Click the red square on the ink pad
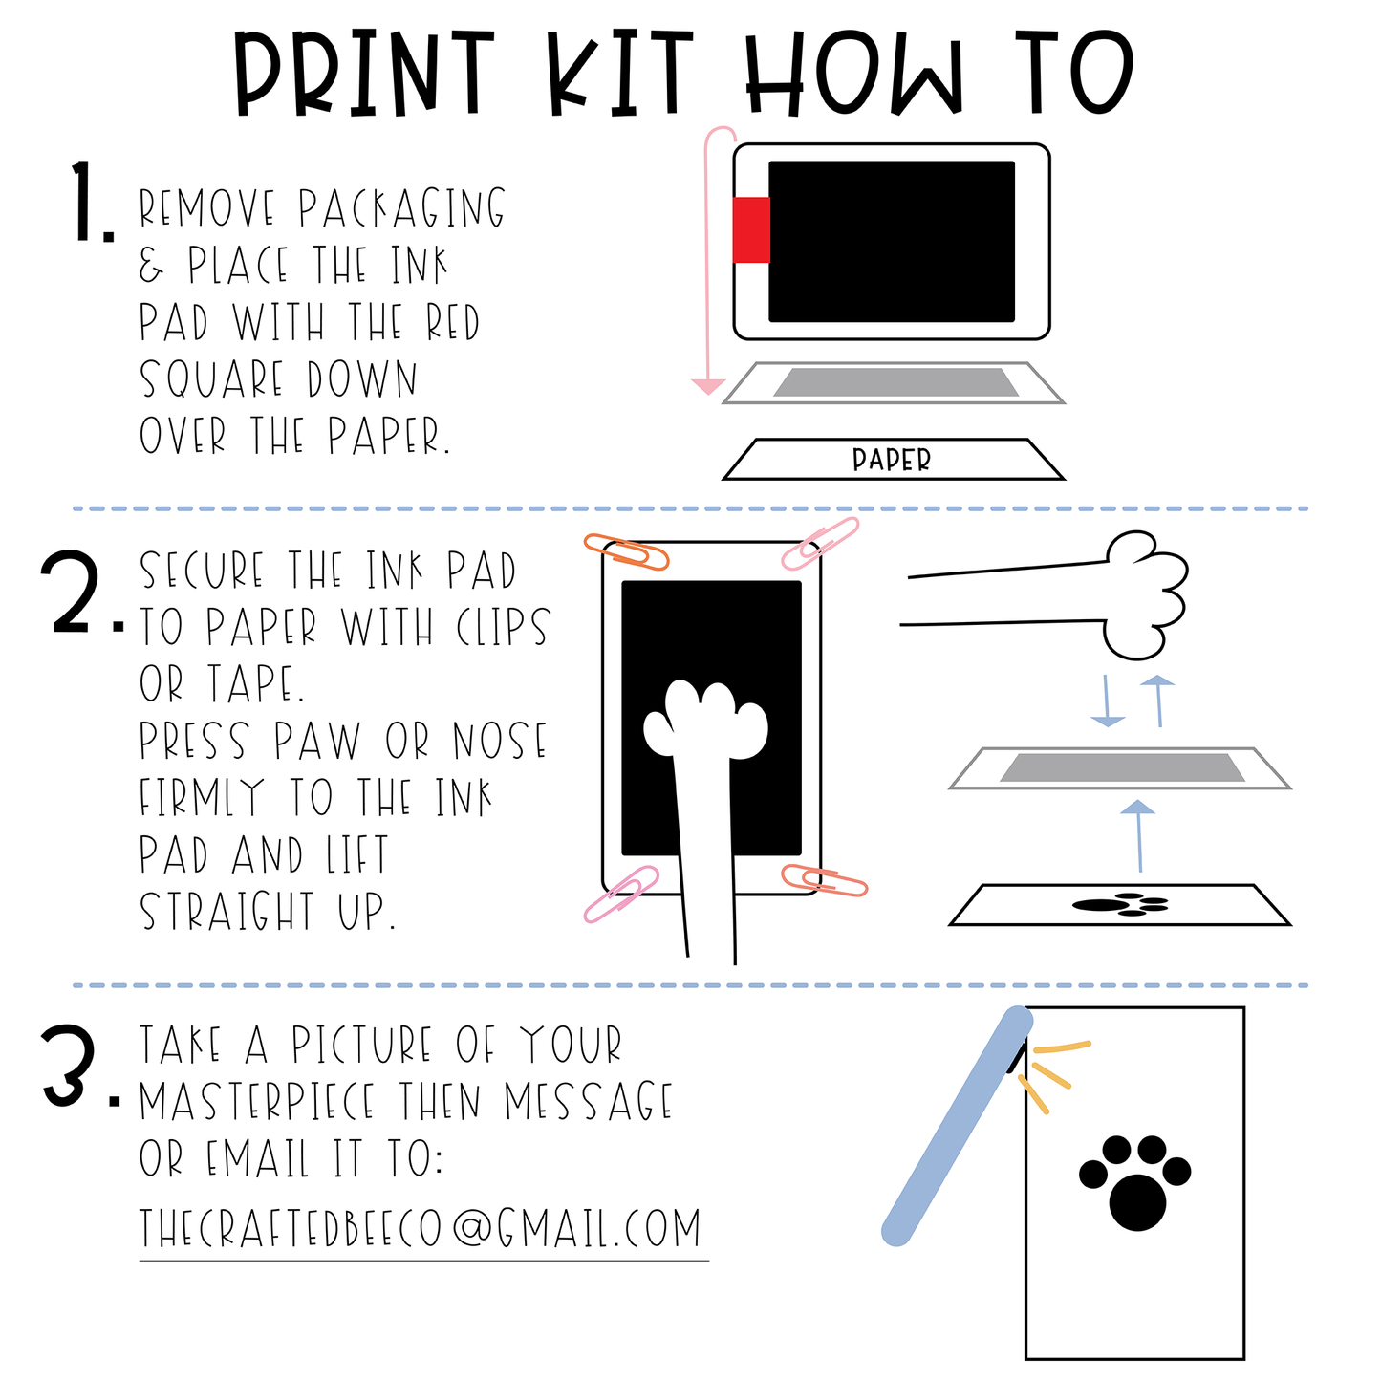(750, 229)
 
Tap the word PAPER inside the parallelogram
(891, 460)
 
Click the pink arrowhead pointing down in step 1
(708, 385)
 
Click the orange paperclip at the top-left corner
(626, 551)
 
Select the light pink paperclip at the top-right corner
(820, 543)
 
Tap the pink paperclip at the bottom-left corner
(620, 894)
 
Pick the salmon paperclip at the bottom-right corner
(824, 880)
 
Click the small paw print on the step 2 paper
(1119, 904)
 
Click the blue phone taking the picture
(957, 1127)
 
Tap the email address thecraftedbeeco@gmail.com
(420, 1228)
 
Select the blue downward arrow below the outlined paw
(1108, 701)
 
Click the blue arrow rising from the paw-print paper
(1138, 835)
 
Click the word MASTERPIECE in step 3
(256, 1102)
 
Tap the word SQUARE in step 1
(211, 378)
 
